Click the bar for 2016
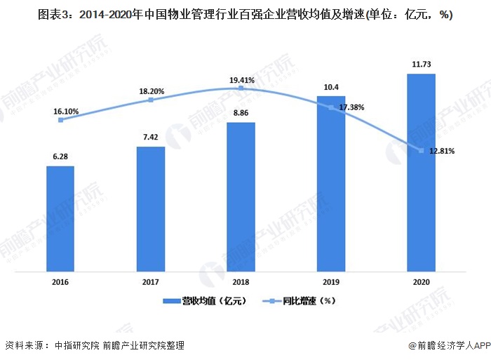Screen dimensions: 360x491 click(60, 219)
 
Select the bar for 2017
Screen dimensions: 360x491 click(151, 208)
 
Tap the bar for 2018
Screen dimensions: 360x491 click(241, 196)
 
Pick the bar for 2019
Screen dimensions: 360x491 click(331, 183)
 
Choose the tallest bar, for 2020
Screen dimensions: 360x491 click(421, 172)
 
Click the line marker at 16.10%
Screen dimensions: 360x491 click(61, 120)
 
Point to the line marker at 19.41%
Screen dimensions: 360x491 click(241, 88)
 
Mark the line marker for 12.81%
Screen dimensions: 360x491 click(421, 150)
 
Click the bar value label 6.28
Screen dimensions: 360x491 click(60, 157)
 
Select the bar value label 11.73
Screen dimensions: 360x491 click(421, 64)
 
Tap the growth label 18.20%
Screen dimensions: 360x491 click(152, 91)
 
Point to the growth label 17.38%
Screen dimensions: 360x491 click(351, 107)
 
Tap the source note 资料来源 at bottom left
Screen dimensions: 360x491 click(95, 345)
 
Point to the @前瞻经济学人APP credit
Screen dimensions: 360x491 click(448, 345)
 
